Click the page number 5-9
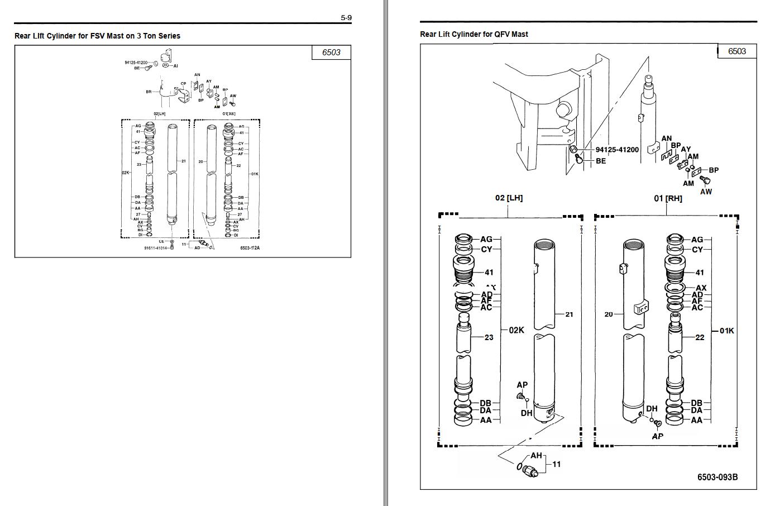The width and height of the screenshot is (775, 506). (x=346, y=18)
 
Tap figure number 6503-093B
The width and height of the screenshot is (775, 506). (x=717, y=477)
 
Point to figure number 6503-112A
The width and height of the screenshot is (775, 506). (x=250, y=247)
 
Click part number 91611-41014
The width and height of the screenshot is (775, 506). (x=156, y=247)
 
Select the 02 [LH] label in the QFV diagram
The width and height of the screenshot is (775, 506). (x=509, y=198)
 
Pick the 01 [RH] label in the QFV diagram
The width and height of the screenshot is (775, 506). (x=668, y=198)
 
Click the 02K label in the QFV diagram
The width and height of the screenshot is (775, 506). (x=516, y=330)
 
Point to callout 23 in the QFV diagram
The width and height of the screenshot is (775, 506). (x=489, y=337)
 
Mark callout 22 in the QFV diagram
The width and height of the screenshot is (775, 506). (x=700, y=337)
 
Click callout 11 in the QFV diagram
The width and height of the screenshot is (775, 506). (x=556, y=464)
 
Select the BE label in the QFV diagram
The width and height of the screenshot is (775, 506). (x=601, y=161)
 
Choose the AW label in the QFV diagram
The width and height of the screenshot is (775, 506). (x=706, y=192)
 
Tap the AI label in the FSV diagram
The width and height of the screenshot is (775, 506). (x=175, y=66)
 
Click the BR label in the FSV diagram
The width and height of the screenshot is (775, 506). (x=149, y=92)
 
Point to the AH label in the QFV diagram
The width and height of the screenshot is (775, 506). (x=536, y=456)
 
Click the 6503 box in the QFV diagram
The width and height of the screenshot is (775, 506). (x=736, y=51)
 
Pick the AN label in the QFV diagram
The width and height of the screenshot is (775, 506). (x=667, y=139)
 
